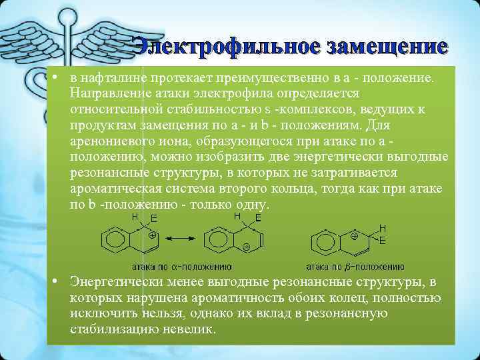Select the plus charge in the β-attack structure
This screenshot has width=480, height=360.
354,236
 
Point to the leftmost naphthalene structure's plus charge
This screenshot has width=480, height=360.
152,236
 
